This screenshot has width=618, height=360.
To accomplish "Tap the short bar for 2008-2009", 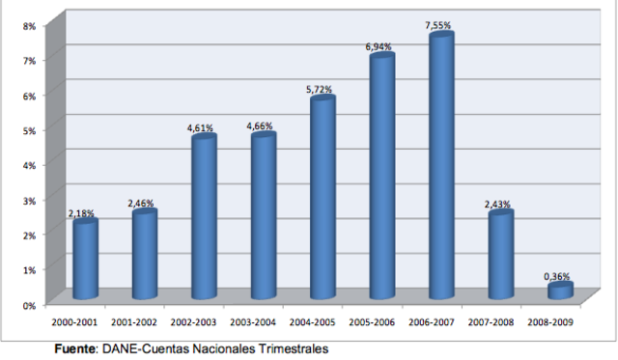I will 560,290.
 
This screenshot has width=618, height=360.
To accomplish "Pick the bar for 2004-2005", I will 323,197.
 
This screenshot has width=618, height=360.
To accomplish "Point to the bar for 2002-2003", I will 204,217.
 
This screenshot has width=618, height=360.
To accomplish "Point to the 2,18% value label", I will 83,212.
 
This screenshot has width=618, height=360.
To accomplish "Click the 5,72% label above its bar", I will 322,90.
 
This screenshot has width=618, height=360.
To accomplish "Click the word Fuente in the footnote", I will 73,348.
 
